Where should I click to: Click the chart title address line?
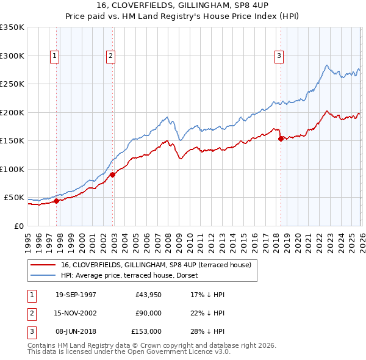click(182, 5)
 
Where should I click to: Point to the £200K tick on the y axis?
click(12, 112)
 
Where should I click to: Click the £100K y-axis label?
click(12, 169)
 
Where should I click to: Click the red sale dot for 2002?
click(113, 175)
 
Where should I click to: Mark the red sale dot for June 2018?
click(281, 139)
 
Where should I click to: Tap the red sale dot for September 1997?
click(57, 201)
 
